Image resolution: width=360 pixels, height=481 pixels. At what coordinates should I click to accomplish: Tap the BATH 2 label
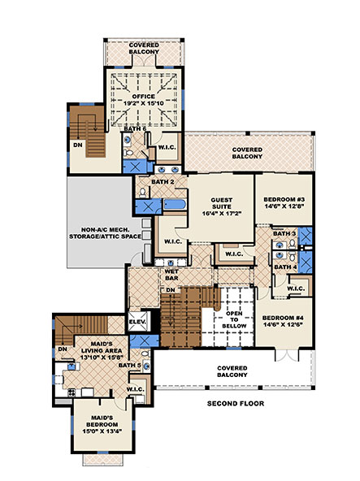pyautogui.click(x=158, y=182)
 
